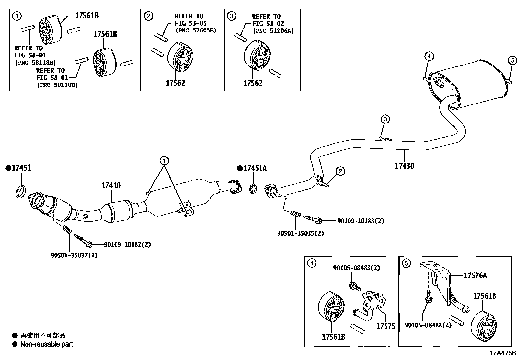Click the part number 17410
pos(111,186)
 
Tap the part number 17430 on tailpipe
pos(404,166)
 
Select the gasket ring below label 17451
pos(21,191)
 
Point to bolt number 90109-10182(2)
pos(127,245)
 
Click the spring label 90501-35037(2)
pos(74,255)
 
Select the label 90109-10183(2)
pos(360,221)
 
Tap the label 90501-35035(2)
pos(300,233)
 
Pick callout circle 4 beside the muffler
pos(429,56)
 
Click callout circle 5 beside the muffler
pos(512,60)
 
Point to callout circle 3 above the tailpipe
pos(385,119)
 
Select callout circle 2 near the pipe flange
pos(340,171)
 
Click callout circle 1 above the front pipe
pos(164,161)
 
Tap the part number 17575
pos(386,326)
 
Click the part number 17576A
pos(475,275)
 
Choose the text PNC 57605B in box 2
pos(196,31)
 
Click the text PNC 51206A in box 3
pos(273,31)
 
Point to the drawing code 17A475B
pos(503,353)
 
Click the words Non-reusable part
pos(46,344)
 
